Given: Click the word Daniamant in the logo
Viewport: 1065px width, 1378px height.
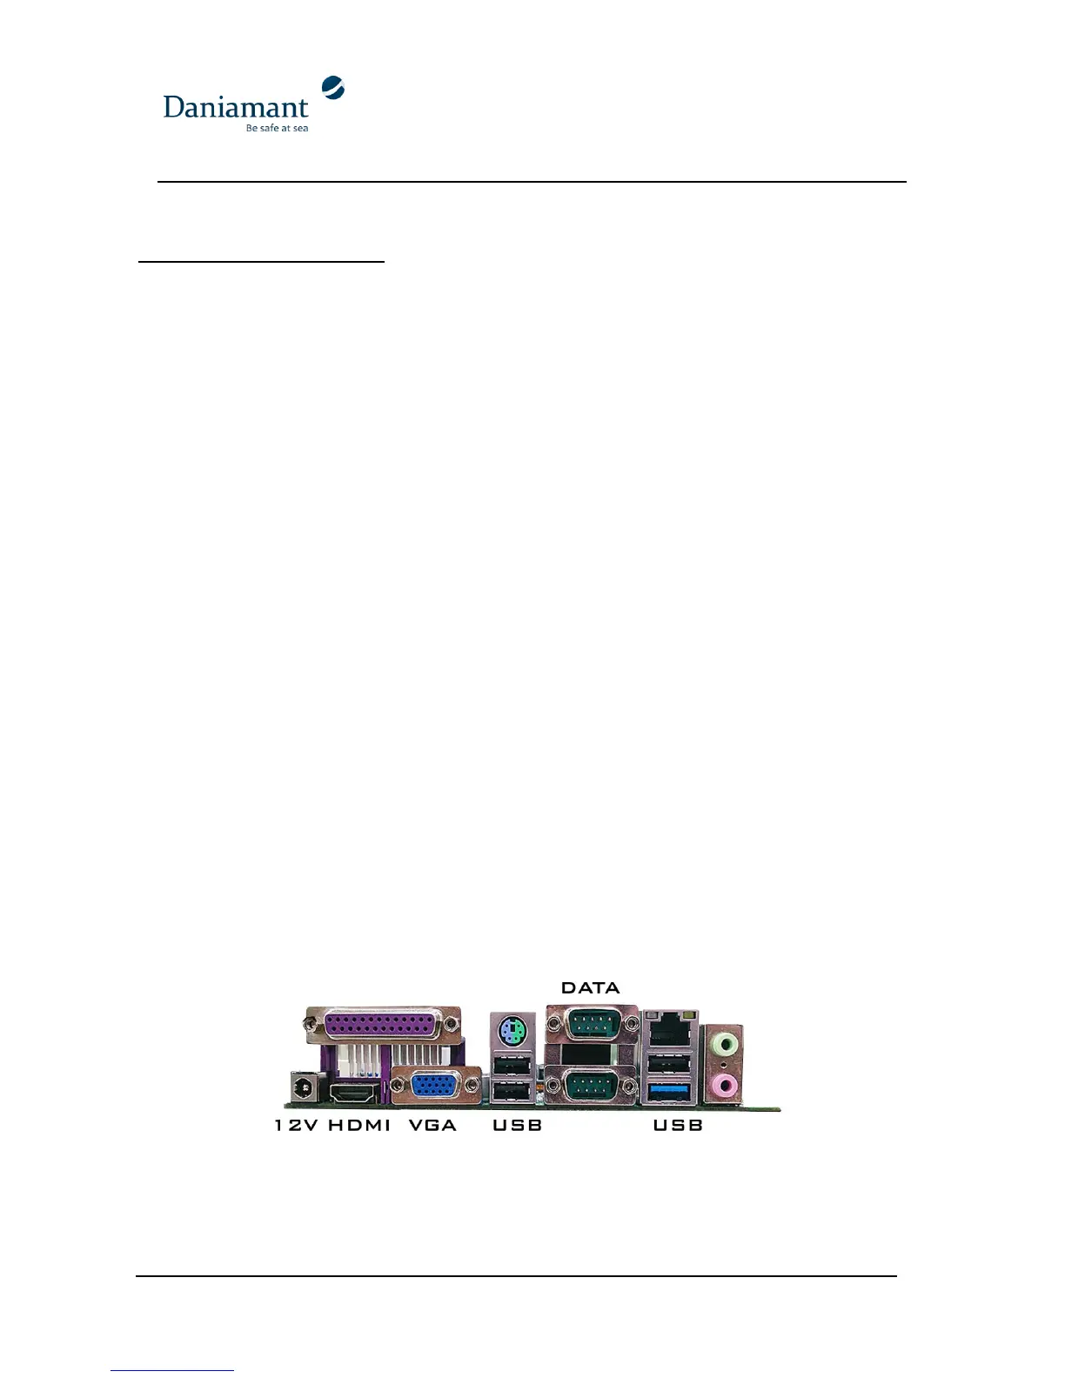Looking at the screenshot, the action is (x=235, y=107).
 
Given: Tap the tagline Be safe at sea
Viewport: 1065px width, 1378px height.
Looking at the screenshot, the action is (x=277, y=128).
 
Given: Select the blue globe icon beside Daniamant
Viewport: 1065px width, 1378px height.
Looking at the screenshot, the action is (x=333, y=87).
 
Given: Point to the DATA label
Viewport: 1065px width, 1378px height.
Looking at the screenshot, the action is (x=590, y=987).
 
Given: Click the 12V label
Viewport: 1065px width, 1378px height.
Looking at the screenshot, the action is (x=296, y=1125).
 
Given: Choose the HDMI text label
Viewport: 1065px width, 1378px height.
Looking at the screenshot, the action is (x=359, y=1125).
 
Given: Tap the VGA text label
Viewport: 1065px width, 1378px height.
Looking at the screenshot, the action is (x=432, y=1125).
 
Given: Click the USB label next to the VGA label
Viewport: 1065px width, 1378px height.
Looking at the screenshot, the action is (x=517, y=1125).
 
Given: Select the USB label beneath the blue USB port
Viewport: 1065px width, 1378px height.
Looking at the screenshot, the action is (x=678, y=1125).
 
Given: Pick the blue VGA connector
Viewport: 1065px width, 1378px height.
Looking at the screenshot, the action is (x=436, y=1086).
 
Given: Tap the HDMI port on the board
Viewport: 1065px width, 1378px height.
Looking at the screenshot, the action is (x=354, y=1091).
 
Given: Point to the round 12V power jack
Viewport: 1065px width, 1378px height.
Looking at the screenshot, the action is (x=302, y=1088).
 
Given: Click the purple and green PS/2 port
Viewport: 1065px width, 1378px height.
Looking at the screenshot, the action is (x=512, y=1033).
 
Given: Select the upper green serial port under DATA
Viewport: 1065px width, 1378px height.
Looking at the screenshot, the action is (x=592, y=1025).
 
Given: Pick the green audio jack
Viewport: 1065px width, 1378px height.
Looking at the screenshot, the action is (x=724, y=1040).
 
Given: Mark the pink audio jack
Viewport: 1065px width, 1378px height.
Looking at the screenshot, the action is (x=724, y=1085).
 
